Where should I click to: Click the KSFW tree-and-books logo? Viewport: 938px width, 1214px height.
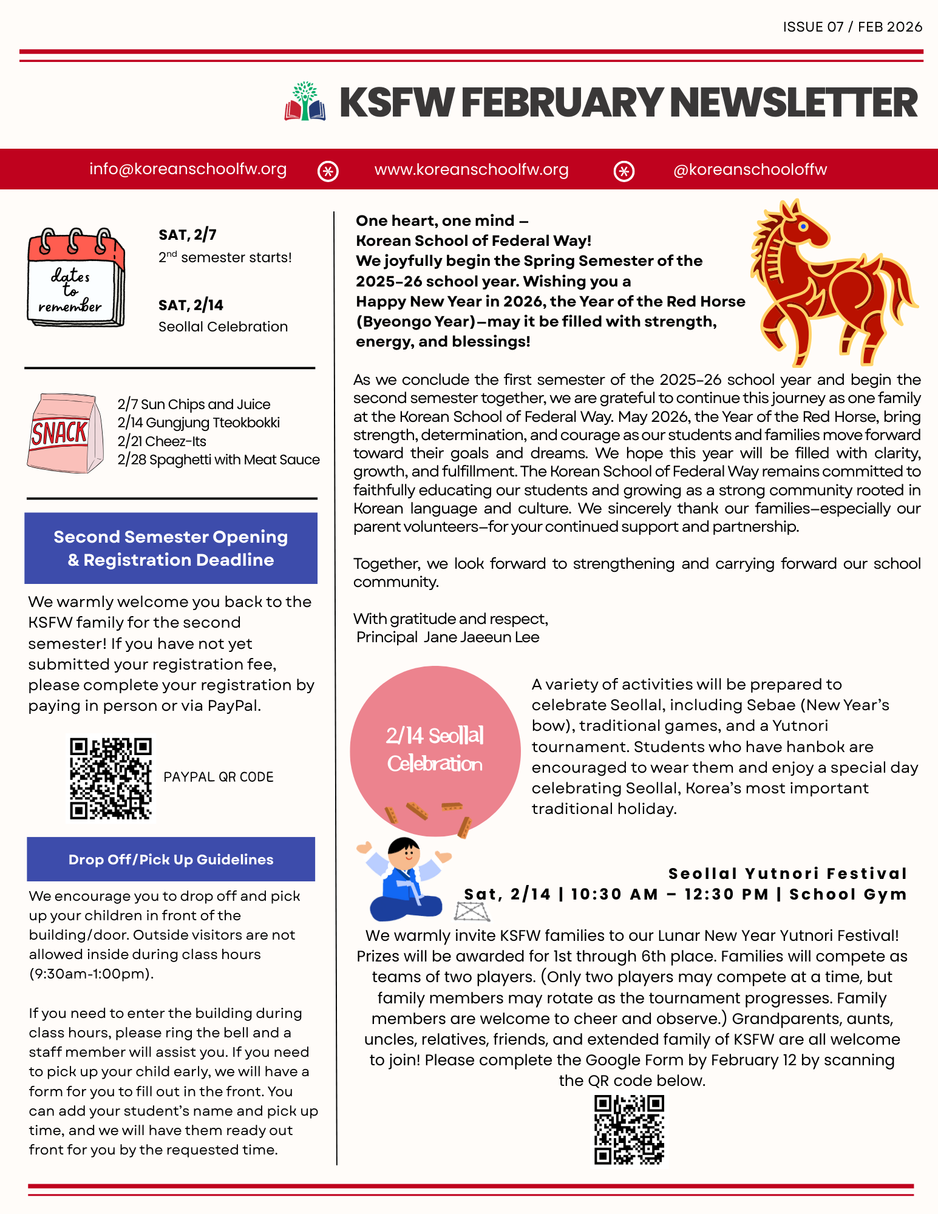(305, 102)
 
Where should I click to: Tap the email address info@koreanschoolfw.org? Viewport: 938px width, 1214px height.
(188, 169)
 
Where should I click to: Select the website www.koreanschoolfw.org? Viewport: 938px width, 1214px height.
(471, 170)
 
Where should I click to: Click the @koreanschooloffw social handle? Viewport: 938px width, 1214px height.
(750, 170)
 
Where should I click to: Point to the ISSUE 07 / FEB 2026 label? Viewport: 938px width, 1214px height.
(852, 27)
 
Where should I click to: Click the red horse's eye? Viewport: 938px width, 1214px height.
(803, 227)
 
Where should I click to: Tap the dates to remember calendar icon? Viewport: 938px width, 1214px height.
(75, 277)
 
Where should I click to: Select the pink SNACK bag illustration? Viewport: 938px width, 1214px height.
(64, 433)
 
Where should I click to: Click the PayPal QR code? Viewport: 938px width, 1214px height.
(110, 778)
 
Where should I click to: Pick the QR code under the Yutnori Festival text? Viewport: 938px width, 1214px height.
(629, 1129)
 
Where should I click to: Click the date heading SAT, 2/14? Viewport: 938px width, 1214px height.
(191, 305)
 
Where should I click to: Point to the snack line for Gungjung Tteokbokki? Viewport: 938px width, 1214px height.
(199, 422)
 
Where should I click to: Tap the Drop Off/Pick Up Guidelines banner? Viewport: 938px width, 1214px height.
(171, 860)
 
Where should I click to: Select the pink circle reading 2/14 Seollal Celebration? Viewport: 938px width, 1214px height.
(435, 750)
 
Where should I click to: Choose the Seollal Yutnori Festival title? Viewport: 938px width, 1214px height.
(787, 874)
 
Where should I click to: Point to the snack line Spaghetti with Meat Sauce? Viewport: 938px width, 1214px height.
(218, 460)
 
